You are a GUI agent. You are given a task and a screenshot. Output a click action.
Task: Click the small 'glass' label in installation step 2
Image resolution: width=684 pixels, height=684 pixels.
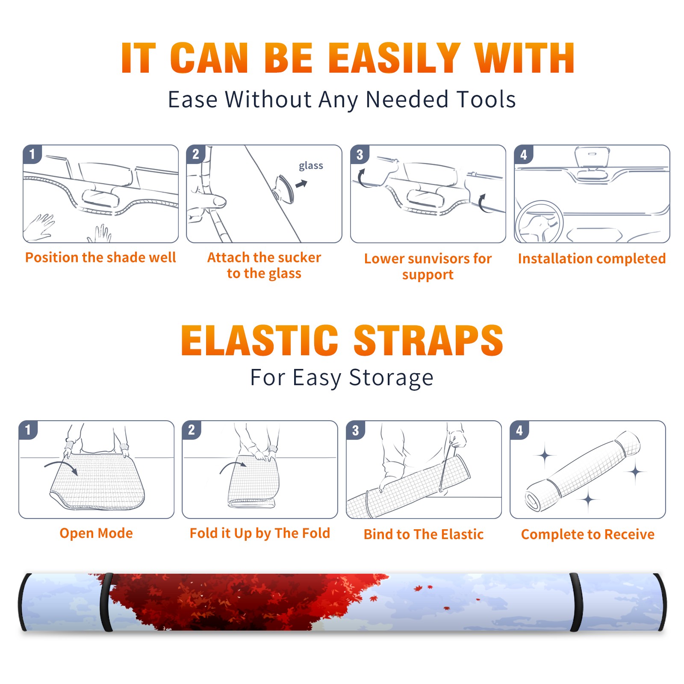click(x=311, y=166)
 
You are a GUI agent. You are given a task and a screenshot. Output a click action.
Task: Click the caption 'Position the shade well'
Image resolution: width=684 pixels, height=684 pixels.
click(x=100, y=257)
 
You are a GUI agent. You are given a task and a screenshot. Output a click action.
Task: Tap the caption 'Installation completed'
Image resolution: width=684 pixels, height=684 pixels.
click(x=592, y=259)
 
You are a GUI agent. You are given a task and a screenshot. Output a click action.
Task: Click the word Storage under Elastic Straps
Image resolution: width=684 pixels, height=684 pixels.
click(x=391, y=378)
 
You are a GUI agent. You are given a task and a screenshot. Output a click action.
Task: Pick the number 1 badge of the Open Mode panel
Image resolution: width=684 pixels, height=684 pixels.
click(x=28, y=430)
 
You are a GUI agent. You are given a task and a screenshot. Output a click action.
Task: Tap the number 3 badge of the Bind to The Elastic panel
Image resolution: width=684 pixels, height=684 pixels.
click(x=356, y=430)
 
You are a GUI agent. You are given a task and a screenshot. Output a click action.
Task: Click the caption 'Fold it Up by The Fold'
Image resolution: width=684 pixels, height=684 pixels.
click(x=260, y=533)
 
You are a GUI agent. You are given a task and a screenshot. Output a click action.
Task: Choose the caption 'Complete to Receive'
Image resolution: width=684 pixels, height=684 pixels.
click(x=588, y=534)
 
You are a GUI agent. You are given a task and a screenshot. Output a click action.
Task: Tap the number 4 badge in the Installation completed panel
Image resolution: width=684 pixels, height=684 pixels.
click(x=524, y=154)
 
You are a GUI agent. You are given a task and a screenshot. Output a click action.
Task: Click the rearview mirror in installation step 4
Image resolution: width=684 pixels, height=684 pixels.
click(x=592, y=157)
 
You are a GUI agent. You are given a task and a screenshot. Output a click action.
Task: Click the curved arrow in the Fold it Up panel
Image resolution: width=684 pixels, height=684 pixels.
click(x=233, y=466)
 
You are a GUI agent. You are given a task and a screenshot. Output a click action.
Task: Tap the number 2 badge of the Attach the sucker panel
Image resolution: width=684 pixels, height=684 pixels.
click(x=196, y=154)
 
